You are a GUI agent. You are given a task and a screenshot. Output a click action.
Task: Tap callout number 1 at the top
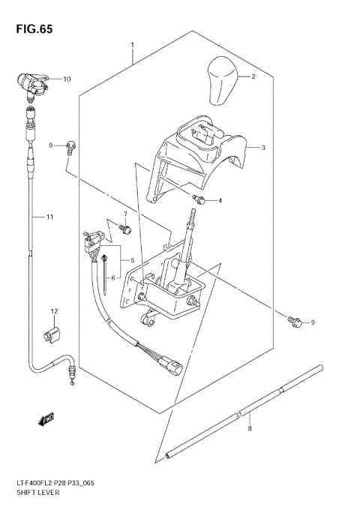(132, 44)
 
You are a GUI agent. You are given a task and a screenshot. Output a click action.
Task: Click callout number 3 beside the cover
(263, 148)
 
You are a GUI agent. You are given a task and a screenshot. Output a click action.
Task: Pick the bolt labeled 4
(199, 199)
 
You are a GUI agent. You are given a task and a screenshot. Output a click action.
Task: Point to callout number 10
(66, 79)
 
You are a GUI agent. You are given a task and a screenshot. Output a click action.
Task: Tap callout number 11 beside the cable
(49, 217)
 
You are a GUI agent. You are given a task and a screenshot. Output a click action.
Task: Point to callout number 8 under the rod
(249, 429)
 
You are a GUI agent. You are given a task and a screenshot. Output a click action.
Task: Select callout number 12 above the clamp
(54, 310)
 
